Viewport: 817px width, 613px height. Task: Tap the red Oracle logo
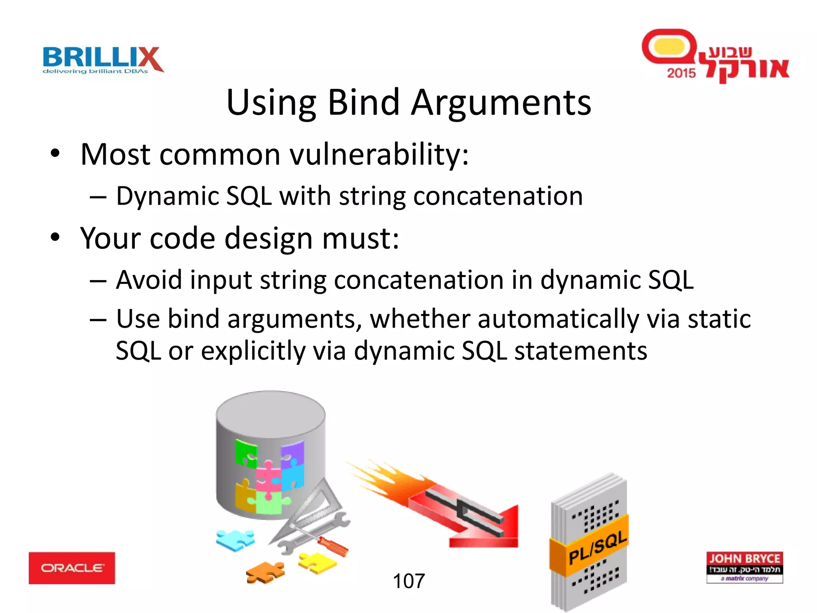point(72,568)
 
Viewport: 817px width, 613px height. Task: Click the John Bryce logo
point(744,567)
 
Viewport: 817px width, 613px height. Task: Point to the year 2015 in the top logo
point(681,73)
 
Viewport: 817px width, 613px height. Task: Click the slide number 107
point(408,581)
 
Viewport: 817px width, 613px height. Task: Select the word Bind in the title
point(363,103)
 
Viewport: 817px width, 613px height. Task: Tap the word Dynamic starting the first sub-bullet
point(168,196)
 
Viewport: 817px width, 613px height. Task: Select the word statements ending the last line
point(580,351)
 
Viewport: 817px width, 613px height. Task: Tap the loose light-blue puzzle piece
point(235,540)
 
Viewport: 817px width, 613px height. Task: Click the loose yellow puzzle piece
point(317,563)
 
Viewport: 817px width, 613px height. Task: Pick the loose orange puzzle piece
point(266,572)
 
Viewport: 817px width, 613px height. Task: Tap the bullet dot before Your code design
point(55,237)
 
